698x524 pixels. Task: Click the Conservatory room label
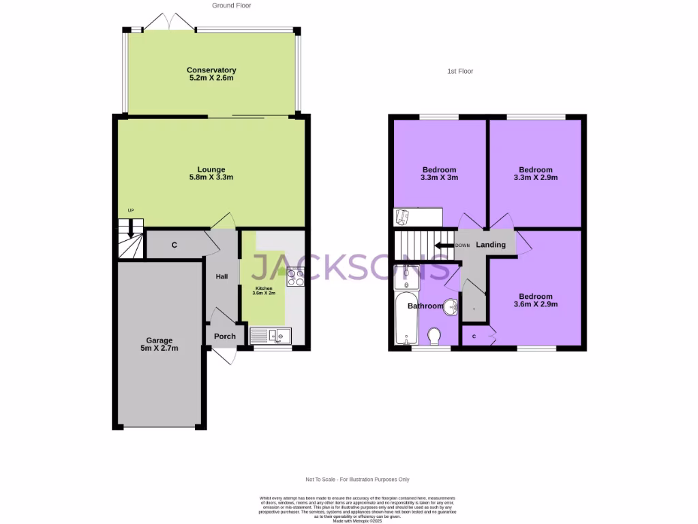click(211, 74)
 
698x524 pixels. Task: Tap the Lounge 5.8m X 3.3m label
click(211, 173)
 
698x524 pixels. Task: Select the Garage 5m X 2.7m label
click(160, 344)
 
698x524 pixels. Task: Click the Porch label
click(225, 336)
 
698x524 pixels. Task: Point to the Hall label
click(222, 277)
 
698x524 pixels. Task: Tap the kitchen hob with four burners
click(296, 277)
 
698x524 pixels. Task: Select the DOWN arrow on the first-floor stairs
click(445, 246)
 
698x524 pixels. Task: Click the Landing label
click(491, 245)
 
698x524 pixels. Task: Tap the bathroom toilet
click(434, 336)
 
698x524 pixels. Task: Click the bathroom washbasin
click(450, 306)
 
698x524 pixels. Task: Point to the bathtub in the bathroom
click(402, 318)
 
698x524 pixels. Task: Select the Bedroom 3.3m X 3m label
click(440, 173)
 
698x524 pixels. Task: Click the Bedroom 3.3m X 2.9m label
click(536, 173)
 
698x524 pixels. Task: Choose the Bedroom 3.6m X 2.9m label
click(536, 300)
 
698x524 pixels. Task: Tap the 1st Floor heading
click(460, 71)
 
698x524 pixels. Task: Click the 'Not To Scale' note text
click(358, 480)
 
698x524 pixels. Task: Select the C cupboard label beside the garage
click(174, 245)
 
